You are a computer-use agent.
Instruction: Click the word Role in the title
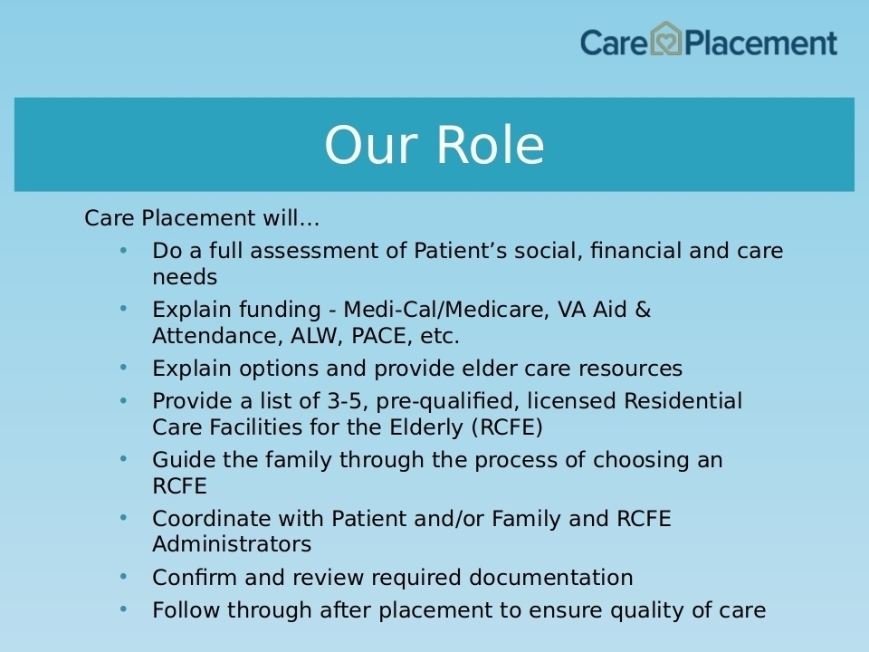click(491, 145)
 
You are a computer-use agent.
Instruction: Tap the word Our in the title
click(370, 145)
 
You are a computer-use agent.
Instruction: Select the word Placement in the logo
click(760, 43)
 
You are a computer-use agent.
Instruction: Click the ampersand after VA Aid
click(643, 310)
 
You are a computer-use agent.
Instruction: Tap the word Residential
click(683, 401)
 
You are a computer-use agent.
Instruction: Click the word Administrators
click(232, 544)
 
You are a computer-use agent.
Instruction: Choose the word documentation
click(551, 578)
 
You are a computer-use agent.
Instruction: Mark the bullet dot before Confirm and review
click(123, 577)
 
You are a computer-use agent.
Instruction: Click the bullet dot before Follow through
click(123, 609)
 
